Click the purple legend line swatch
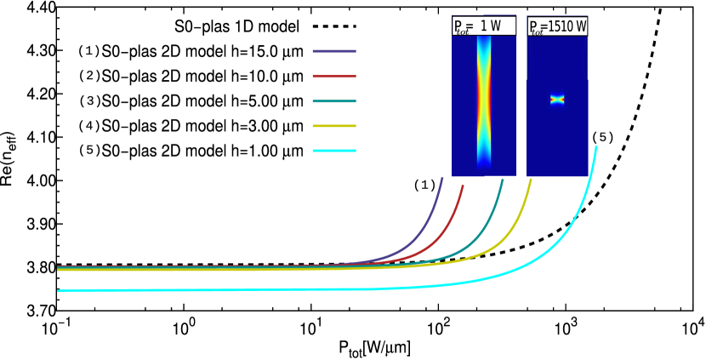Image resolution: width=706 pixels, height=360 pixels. tap(333, 51)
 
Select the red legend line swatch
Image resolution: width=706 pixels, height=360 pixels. tap(333, 77)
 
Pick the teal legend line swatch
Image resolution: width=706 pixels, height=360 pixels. tap(333, 101)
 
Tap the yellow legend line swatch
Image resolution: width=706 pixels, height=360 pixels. tap(333, 126)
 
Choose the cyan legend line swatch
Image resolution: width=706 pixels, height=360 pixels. tap(333, 151)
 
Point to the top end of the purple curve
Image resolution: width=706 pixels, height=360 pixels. tap(442, 178)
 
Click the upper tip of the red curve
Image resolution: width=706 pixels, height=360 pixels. tap(463, 186)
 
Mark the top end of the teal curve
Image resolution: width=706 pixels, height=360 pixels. tap(503, 180)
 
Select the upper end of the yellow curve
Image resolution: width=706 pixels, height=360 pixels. tap(531, 180)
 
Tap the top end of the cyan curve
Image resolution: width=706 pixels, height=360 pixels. tap(596, 146)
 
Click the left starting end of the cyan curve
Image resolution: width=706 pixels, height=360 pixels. tap(59, 290)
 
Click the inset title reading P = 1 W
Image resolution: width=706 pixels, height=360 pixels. tap(483, 26)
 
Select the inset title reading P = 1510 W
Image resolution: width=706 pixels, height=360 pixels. tap(557, 26)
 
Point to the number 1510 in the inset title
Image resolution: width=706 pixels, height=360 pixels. tap(561, 26)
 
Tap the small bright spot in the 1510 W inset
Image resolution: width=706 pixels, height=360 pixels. tap(557, 100)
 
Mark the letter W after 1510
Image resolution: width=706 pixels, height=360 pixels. tap(581, 26)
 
